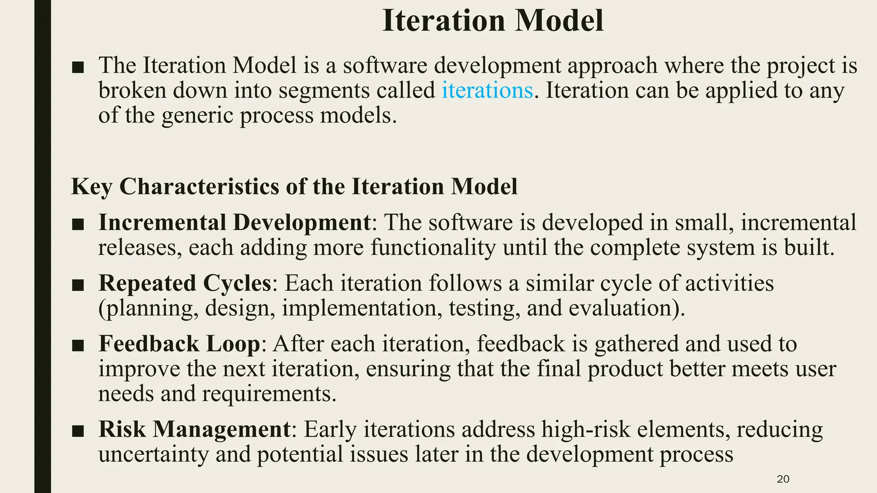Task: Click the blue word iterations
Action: coord(487,91)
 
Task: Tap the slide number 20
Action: coord(783,479)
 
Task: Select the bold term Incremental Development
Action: coord(234,223)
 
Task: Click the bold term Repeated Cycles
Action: coord(185,283)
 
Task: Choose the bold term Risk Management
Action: coord(194,429)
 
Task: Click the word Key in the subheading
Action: coord(91,187)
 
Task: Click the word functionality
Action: coord(433,248)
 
